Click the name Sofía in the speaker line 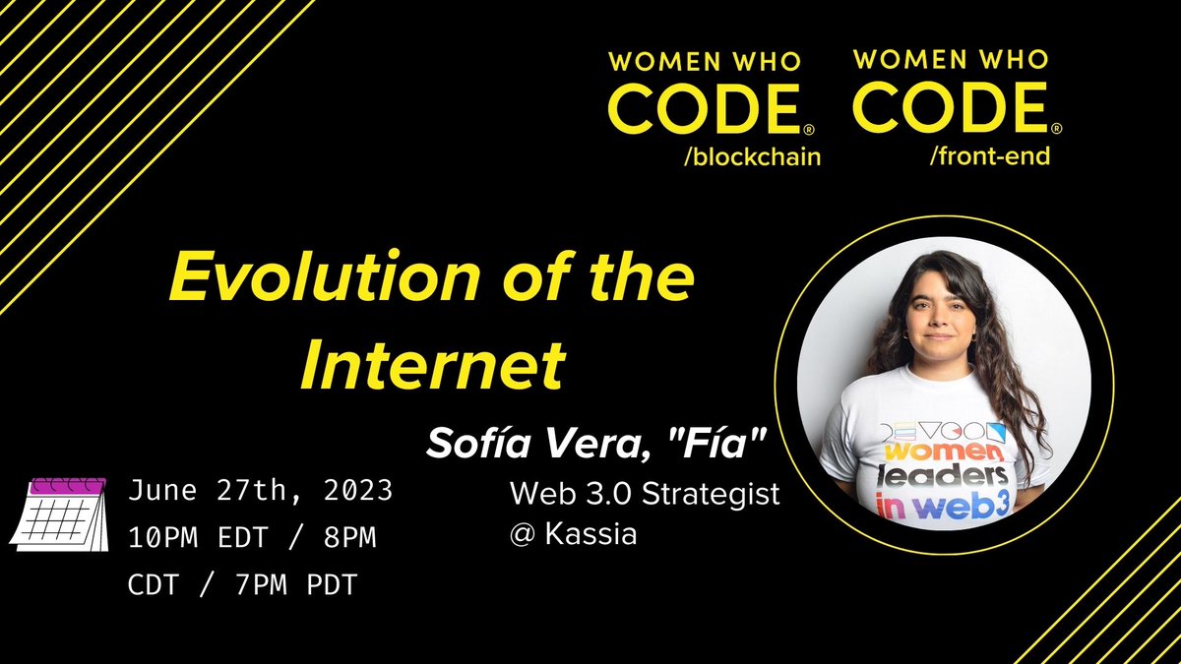point(470,444)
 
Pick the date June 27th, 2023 point(260,490)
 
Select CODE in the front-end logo point(950,110)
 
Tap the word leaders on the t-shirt point(936,479)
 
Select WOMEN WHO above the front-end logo point(950,61)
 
